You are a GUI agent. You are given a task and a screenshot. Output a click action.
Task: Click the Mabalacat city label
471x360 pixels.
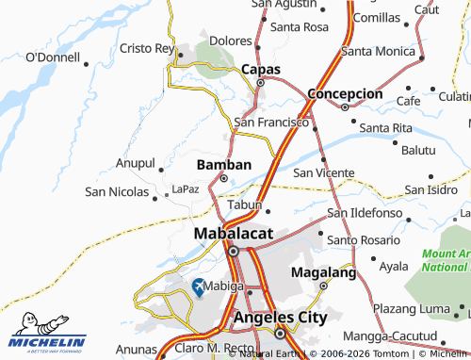(235, 233)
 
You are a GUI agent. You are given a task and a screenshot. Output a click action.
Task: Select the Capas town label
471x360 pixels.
(261, 69)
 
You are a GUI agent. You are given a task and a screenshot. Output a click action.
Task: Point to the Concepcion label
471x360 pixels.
(345, 94)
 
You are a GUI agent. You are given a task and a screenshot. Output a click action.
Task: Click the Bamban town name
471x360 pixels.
(223, 164)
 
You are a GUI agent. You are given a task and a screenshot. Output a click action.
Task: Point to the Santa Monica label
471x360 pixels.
(378, 50)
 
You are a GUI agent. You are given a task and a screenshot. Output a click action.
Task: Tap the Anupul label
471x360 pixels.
(134, 162)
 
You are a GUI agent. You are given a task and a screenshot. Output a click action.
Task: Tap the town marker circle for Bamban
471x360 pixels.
(223, 178)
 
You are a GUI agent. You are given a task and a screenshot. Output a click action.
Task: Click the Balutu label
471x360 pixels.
(418, 150)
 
